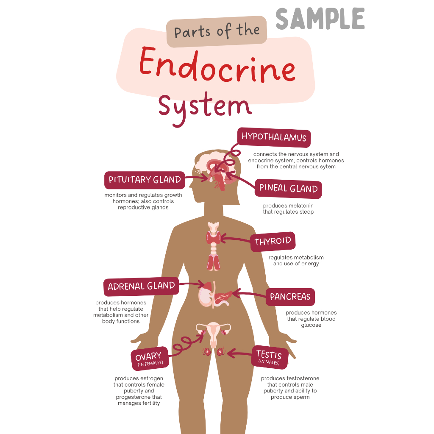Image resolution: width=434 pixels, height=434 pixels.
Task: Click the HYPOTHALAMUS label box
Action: (274, 137)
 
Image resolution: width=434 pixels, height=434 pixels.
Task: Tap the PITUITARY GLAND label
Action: (145, 180)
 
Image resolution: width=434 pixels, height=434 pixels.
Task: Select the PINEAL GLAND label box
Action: (288, 189)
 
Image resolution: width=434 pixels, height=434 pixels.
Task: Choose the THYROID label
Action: (273, 242)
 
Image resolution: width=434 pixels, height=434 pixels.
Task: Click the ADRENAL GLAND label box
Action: (141, 287)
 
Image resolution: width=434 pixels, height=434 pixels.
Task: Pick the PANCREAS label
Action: (290, 297)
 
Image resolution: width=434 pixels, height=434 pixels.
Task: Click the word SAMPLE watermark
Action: (320, 19)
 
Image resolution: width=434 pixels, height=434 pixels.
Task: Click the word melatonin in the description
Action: (299, 206)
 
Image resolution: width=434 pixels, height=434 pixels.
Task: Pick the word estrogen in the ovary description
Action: (150, 378)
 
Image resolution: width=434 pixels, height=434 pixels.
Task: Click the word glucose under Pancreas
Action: (311, 325)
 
